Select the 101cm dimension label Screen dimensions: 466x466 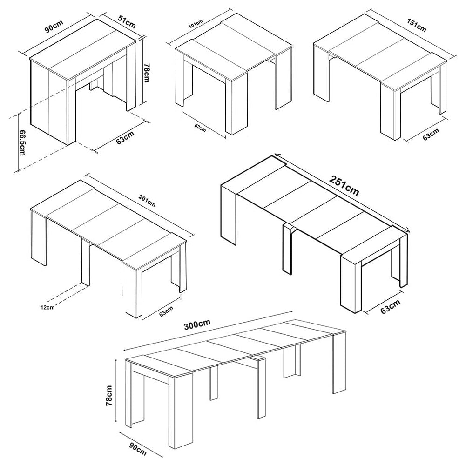pyautogui.click(x=196, y=24)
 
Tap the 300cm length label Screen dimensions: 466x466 pyautogui.click(x=197, y=324)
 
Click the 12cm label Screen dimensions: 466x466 pyautogui.click(x=47, y=307)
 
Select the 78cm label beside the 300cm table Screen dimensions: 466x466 pyautogui.click(x=109, y=396)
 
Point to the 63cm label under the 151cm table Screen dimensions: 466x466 pyautogui.click(x=431, y=135)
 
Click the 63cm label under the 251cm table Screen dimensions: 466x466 pyautogui.click(x=391, y=306)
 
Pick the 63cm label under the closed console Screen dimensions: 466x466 pyautogui.click(x=125, y=138)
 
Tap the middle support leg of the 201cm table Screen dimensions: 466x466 pyautogui.click(x=85, y=262)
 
